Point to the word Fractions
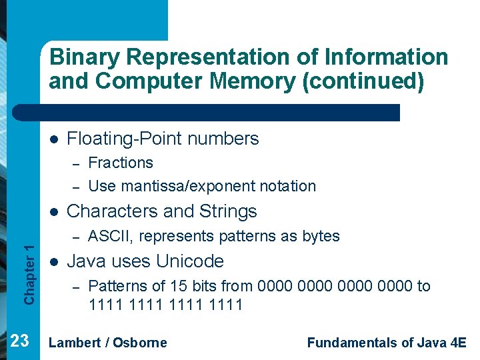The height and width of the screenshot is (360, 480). pyautogui.click(x=121, y=163)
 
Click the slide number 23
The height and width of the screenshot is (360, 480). pyautogui.click(x=20, y=341)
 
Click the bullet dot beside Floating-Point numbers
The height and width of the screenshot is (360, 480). pyautogui.click(x=53, y=139)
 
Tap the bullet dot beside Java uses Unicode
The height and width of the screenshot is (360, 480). pyautogui.click(x=53, y=261)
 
